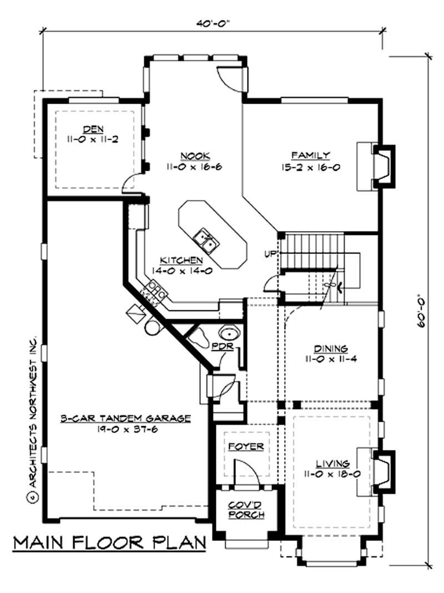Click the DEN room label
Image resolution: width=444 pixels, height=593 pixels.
click(x=94, y=129)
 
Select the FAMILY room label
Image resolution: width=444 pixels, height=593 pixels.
click(x=311, y=155)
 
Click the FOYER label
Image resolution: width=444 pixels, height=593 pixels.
click(x=246, y=446)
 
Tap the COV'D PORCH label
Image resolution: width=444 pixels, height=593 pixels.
click(x=246, y=509)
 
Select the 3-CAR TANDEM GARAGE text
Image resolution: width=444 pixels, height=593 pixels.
click(x=125, y=418)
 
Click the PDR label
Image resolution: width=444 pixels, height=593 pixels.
click(x=225, y=347)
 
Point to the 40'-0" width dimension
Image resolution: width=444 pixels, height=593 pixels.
click(x=213, y=23)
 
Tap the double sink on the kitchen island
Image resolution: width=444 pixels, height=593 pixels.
click(x=205, y=239)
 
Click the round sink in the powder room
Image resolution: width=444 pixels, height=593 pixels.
click(x=229, y=334)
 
